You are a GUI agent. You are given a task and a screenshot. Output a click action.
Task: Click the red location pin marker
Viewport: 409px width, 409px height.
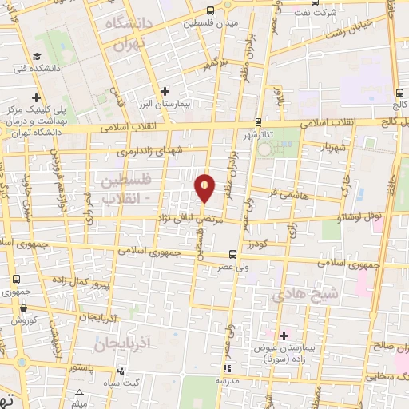click(x=205, y=187)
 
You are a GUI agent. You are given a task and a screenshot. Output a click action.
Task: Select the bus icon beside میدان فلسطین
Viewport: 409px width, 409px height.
click(x=210, y=11)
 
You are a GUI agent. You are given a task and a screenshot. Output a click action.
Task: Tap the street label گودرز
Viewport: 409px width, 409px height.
click(x=274, y=240)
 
